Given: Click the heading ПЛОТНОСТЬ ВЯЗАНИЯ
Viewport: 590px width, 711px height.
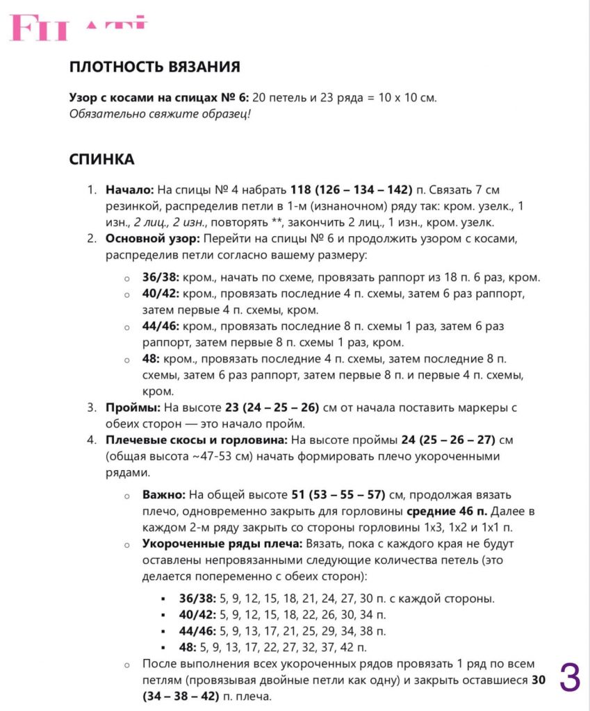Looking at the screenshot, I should pos(154,67).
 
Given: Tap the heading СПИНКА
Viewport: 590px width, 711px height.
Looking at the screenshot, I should pos(101,160).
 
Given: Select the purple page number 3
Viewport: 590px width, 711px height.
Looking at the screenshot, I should pos(569,678).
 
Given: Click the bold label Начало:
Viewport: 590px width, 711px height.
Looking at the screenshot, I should pos(130,189).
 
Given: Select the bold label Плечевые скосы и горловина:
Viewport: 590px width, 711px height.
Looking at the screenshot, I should pos(197,440).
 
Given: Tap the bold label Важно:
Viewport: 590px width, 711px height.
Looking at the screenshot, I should pos(163,494).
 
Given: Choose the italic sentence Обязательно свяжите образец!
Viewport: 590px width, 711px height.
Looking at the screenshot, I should pos(159,114).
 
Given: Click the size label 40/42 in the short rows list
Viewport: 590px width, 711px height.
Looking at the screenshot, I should pos(197,614).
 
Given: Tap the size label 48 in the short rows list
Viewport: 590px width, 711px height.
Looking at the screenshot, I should pos(188,648).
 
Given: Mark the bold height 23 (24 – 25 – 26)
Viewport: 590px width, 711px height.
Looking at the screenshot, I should pos(265,408).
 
